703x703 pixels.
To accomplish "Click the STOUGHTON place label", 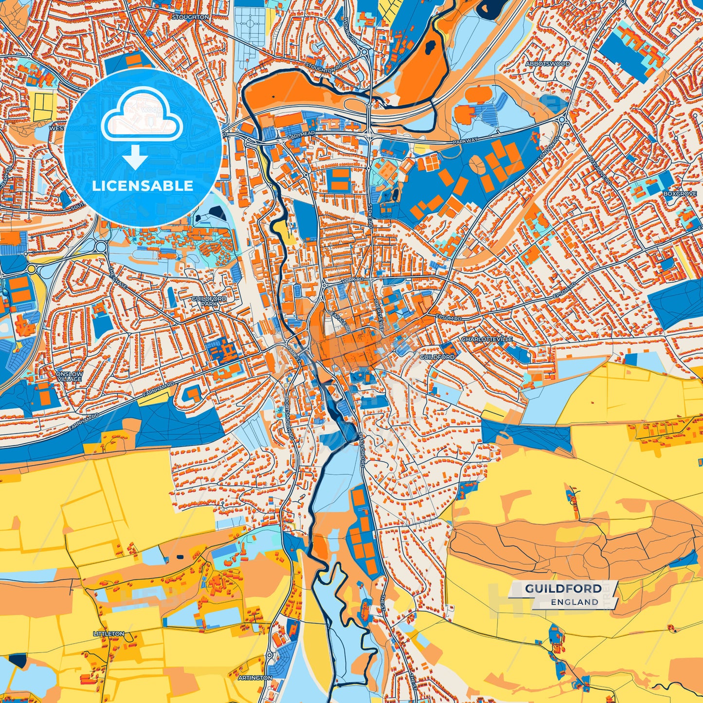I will tap(190, 17).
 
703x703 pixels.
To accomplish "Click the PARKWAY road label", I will tap(465, 141).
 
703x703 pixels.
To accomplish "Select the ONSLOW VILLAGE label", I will tap(69, 376).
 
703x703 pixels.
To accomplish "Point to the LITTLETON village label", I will tap(108, 634).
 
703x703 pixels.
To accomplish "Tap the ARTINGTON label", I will tap(255, 678).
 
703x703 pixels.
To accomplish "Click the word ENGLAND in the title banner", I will tap(575, 602).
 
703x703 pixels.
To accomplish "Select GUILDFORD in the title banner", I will tap(563, 589).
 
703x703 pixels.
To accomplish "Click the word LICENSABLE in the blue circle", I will tap(143, 186).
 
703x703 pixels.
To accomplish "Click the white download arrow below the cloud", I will tap(135, 158).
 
